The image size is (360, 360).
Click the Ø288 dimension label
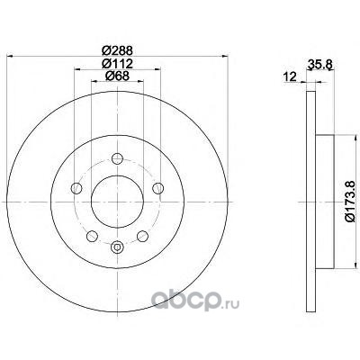point(117,50)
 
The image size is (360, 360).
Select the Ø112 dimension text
point(117,63)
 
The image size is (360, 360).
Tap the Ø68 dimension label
point(117,76)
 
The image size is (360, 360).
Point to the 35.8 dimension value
point(319,64)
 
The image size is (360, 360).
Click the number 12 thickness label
point(291,76)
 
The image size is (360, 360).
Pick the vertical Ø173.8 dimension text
point(350,202)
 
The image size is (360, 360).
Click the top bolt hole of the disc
point(117,158)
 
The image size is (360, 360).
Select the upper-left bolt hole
point(76,188)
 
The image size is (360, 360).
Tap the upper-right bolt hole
point(157,188)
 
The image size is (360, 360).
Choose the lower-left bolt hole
point(92,236)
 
